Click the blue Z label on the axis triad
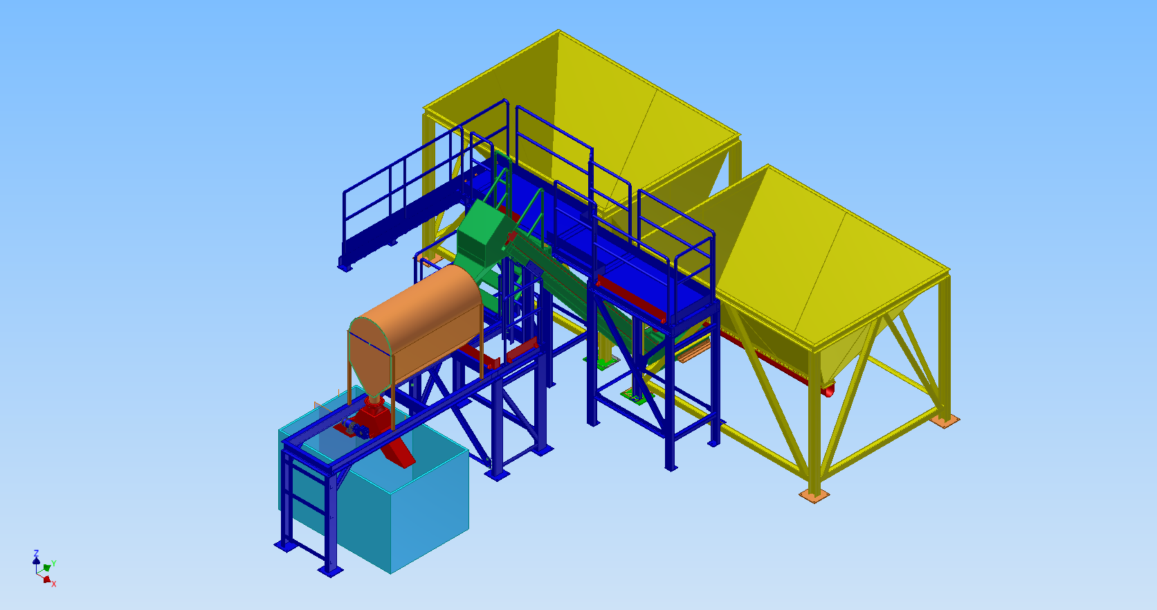coord(36,553)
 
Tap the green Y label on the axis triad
coord(54,564)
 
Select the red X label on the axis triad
coord(54,584)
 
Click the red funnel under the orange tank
coord(374,412)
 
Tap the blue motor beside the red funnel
coord(356,428)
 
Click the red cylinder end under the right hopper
coord(829,391)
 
